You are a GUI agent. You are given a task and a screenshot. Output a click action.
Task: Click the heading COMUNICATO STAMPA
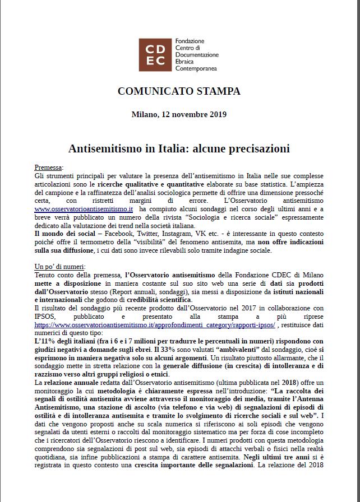pyautogui.click(x=179, y=91)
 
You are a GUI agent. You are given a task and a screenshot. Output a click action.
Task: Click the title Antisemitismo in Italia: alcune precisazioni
pyautogui.click(x=179, y=149)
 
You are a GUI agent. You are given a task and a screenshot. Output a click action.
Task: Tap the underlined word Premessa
pyautogui.click(x=48, y=168)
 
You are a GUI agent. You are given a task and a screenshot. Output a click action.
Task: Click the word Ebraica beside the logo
pyautogui.click(x=188, y=62)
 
